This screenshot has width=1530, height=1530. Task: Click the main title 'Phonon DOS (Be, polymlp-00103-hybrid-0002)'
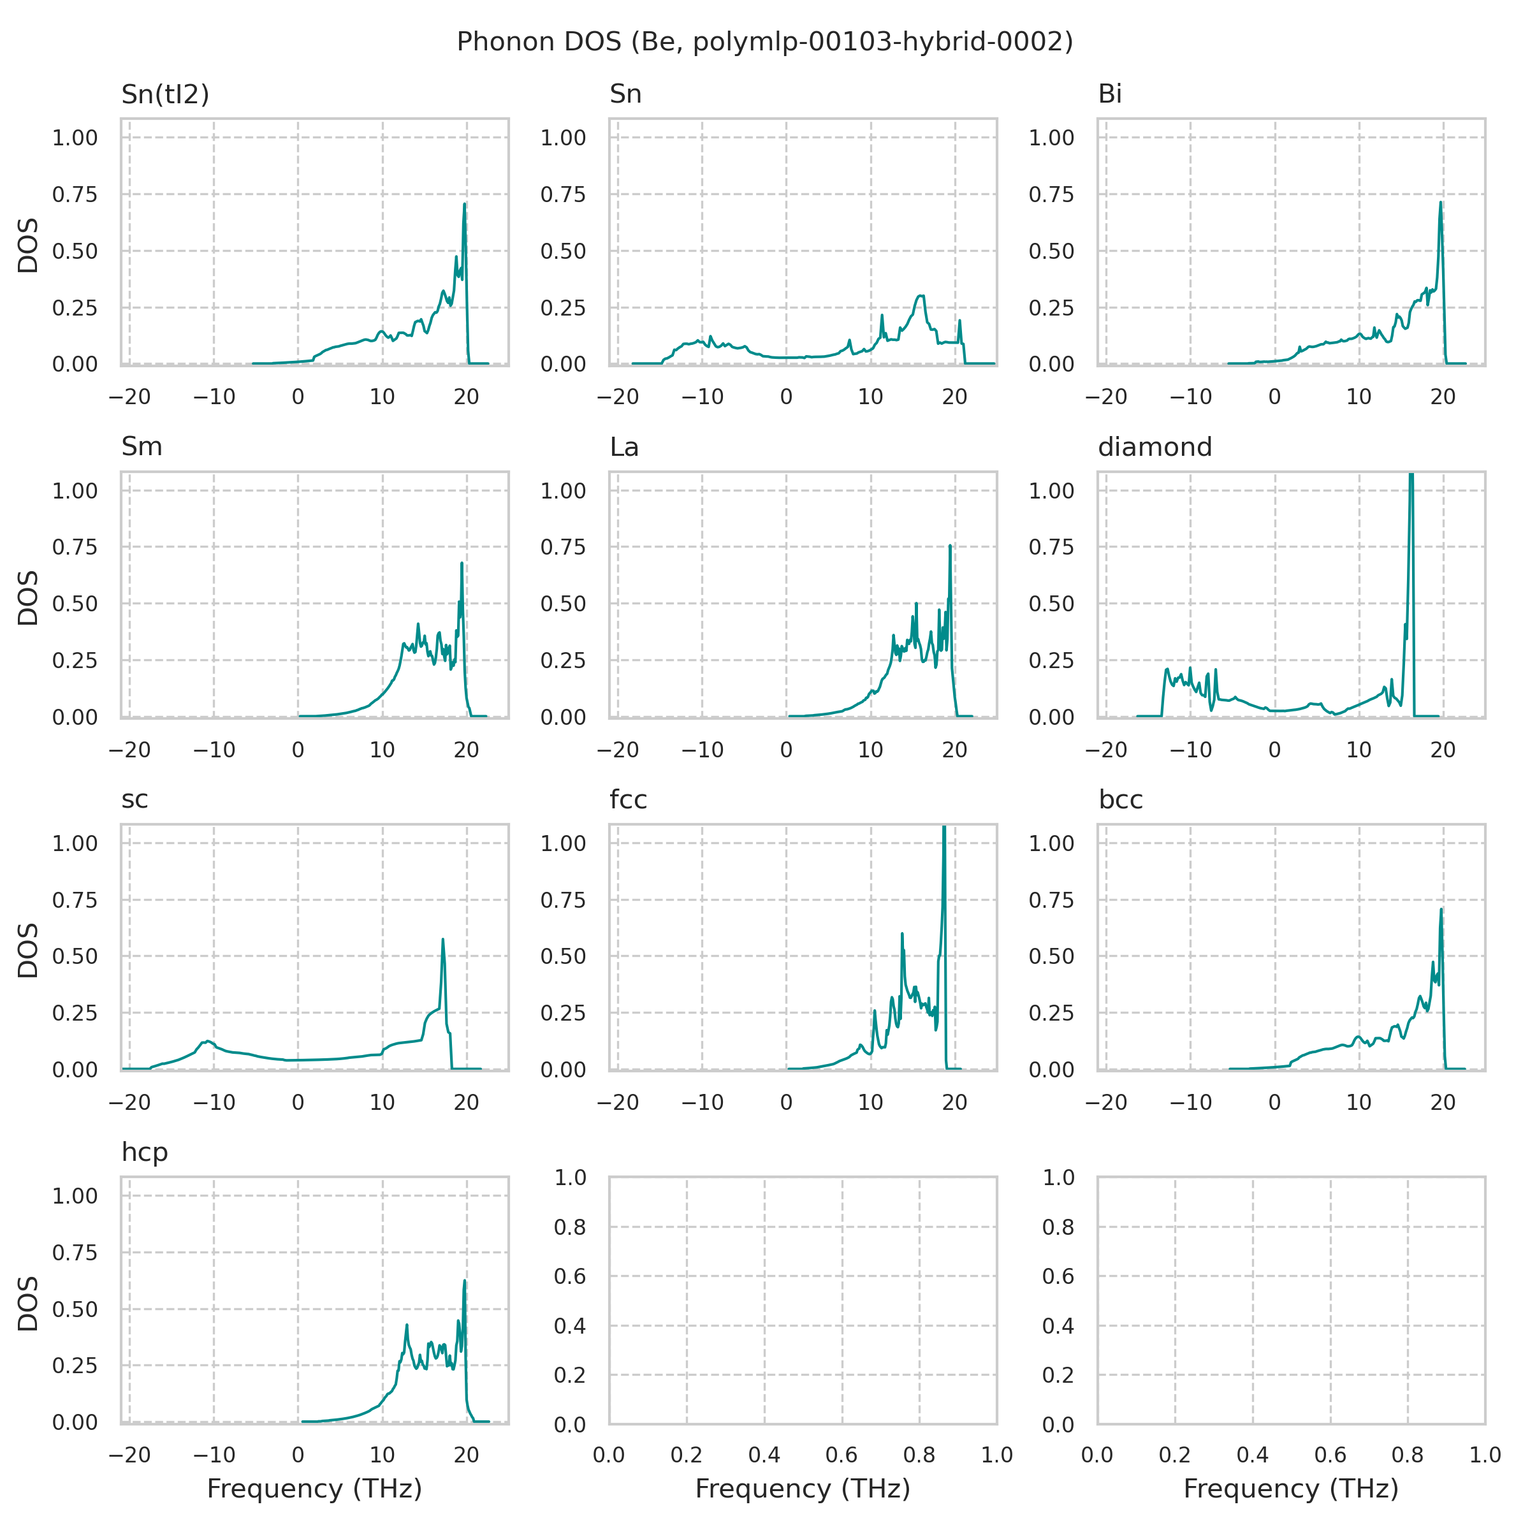(x=764, y=41)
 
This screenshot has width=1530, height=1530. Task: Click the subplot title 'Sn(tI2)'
(x=164, y=94)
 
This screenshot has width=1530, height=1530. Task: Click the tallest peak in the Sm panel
(x=462, y=563)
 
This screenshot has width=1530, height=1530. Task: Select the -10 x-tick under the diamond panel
(x=1190, y=749)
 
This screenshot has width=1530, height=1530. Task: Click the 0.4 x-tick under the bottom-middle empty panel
(x=764, y=1455)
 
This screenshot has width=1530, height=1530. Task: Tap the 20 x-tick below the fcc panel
(x=954, y=1102)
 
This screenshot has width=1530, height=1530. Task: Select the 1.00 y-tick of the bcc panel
(x=1051, y=843)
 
